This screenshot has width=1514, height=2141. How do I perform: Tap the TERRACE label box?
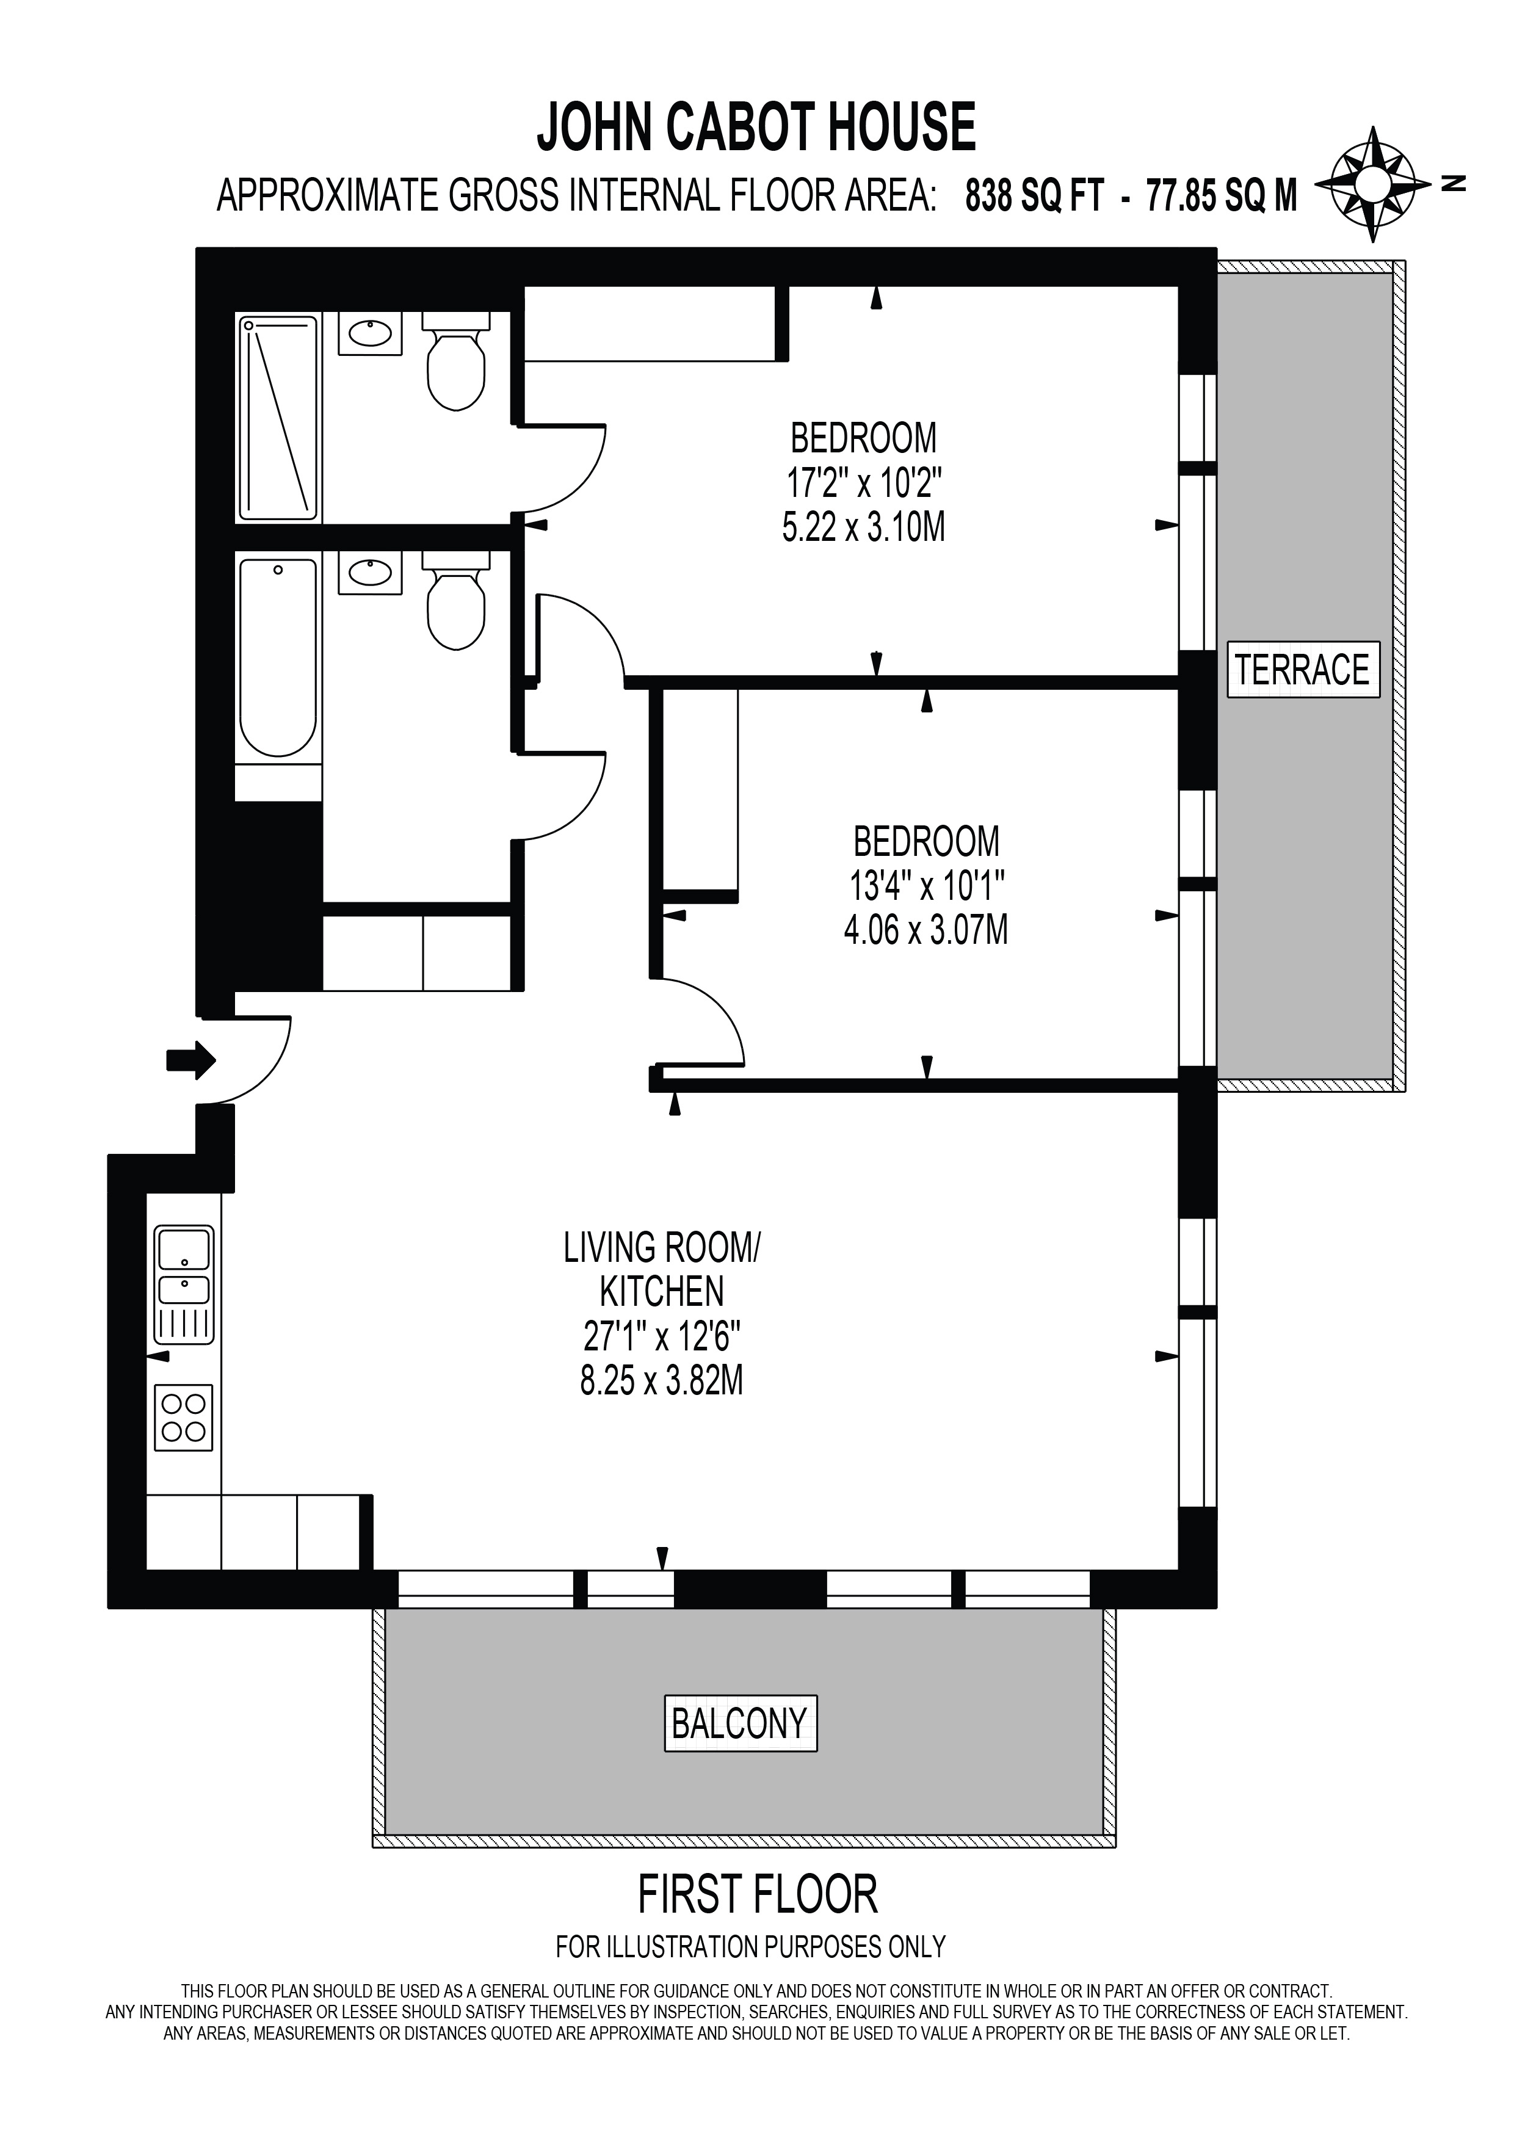(1302, 670)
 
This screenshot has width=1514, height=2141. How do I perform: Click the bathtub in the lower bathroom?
(278, 658)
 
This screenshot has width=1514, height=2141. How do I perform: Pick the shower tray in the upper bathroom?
(279, 419)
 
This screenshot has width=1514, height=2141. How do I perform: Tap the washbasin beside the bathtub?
(370, 571)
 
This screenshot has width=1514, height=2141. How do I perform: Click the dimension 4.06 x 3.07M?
(925, 930)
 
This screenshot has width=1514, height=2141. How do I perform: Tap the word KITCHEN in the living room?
(662, 1292)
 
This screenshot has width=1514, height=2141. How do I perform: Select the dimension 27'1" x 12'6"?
(662, 1337)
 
